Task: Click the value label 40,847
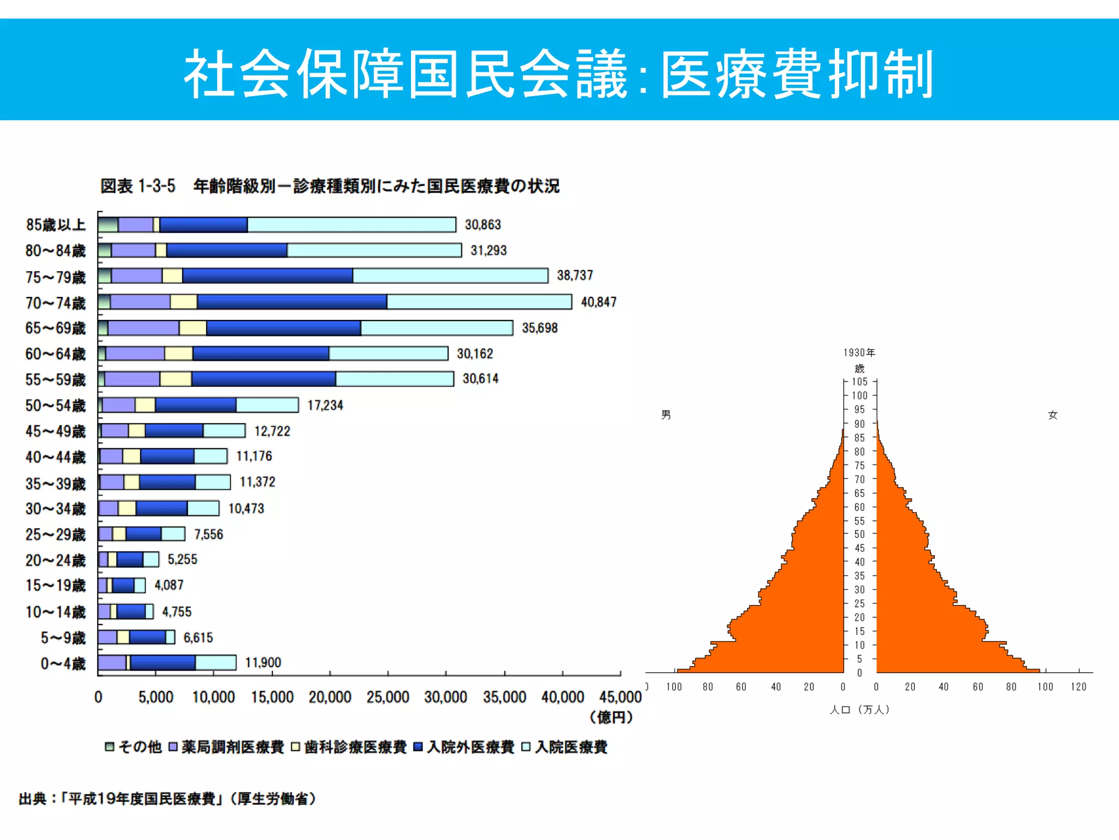click(598, 302)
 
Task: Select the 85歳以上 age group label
click(56, 225)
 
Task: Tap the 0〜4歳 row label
click(63, 663)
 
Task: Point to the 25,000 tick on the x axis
click(387, 697)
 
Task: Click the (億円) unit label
click(611, 717)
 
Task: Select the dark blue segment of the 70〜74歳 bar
click(292, 302)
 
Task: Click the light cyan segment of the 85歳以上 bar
click(351, 225)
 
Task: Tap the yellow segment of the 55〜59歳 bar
click(175, 379)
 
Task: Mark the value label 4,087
click(169, 585)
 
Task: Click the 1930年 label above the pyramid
click(859, 353)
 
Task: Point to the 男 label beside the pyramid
click(666, 415)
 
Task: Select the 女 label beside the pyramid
click(1053, 415)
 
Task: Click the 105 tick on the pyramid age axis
click(859, 382)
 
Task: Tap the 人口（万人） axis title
click(859, 709)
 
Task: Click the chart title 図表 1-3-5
click(138, 186)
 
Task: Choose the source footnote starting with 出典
click(167, 799)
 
